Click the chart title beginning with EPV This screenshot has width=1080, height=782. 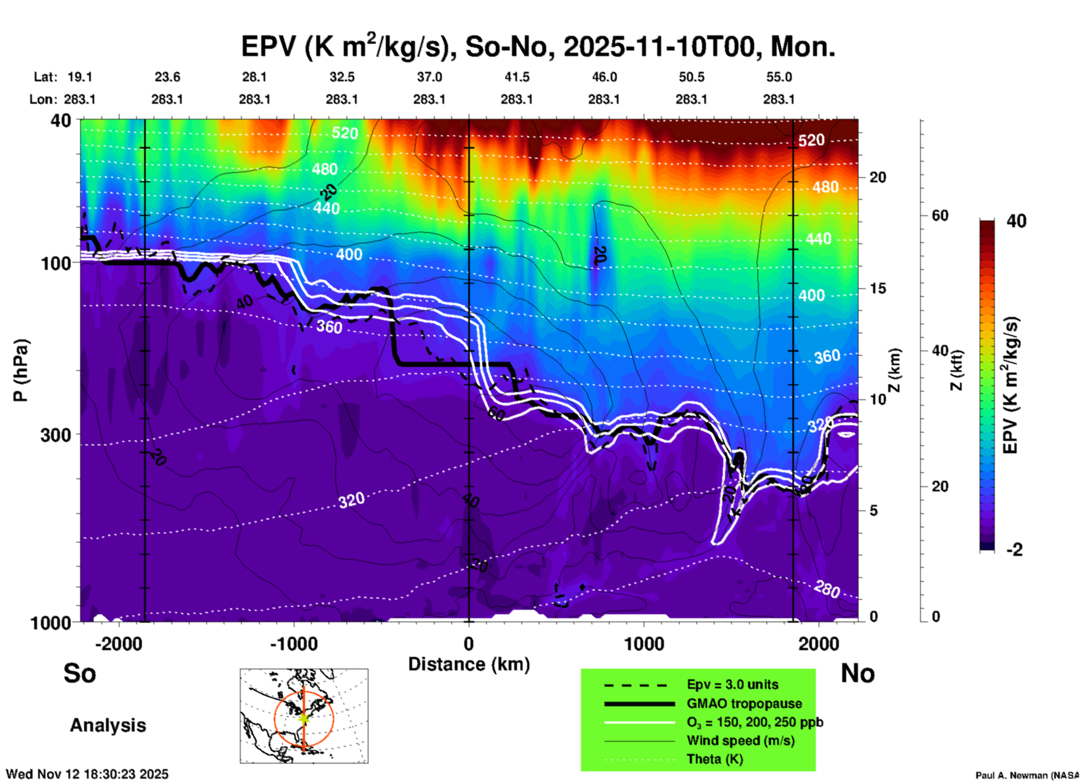click(538, 47)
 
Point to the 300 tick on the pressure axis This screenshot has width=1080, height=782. click(56, 435)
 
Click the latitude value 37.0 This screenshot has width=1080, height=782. click(429, 77)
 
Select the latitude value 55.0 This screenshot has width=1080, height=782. click(779, 77)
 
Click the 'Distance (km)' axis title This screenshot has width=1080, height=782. click(469, 664)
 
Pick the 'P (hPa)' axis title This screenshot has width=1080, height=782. click(21, 370)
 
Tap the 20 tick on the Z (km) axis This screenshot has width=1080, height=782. click(878, 178)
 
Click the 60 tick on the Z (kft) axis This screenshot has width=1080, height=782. click(940, 215)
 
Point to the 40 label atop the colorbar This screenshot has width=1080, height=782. click(1016, 221)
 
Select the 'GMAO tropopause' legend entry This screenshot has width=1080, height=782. click(744, 703)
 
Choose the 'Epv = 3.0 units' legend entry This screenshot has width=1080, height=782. click(732, 684)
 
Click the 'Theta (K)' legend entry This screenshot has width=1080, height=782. click(714, 759)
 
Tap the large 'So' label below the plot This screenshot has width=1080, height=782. click(80, 673)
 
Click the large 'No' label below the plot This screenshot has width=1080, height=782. click(857, 673)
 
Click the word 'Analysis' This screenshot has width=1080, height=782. click(108, 725)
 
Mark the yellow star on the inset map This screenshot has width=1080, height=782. click(304, 718)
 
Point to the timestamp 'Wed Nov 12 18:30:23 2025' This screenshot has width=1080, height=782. click(87, 774)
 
